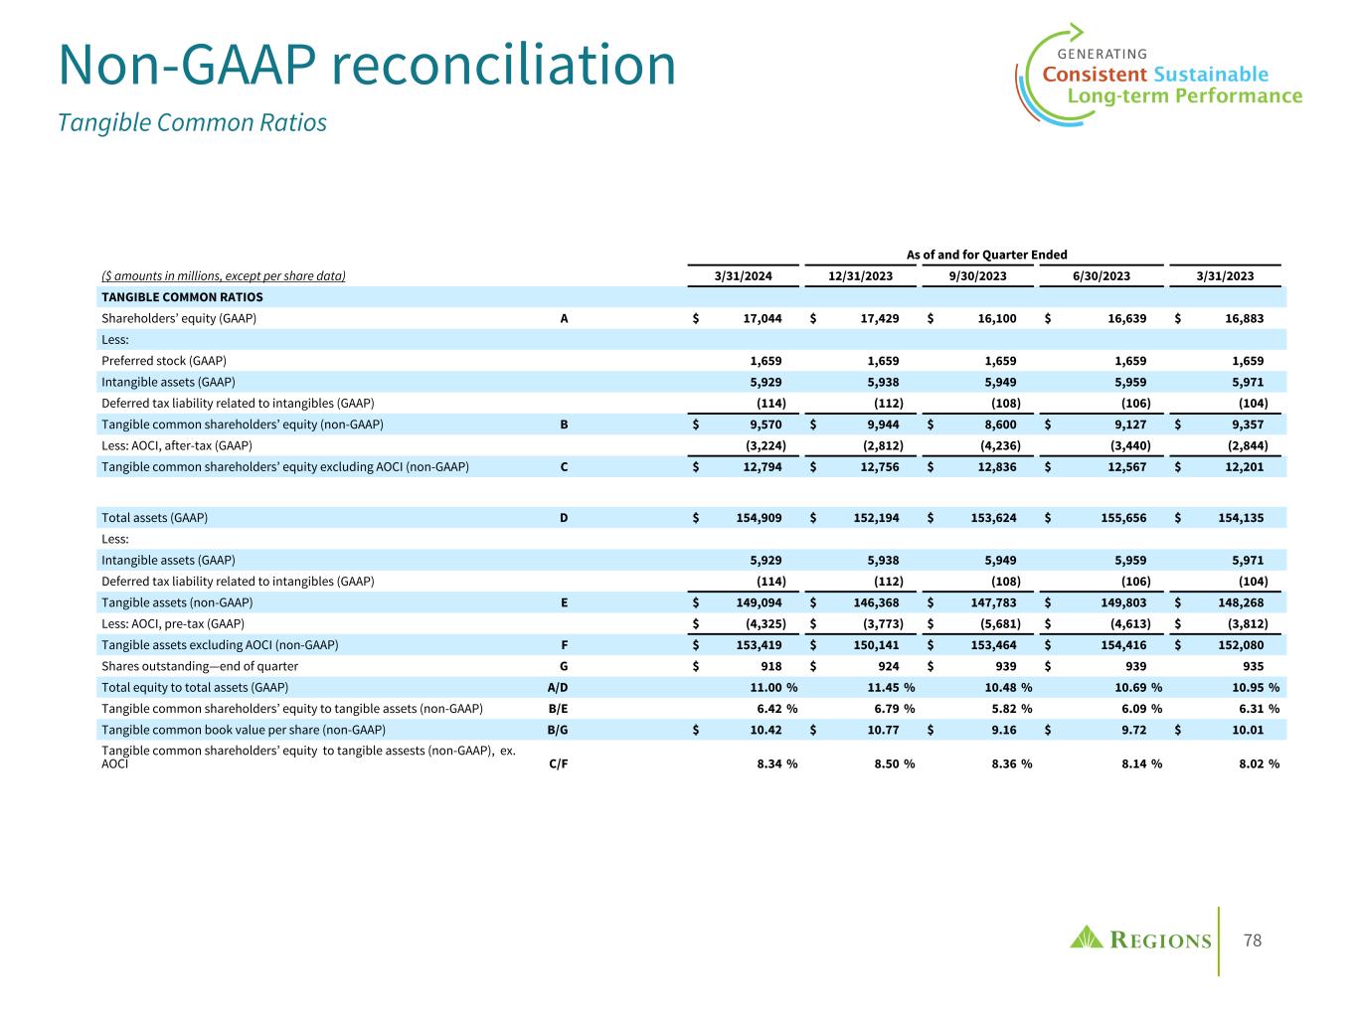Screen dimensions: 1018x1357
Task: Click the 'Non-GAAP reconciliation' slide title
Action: pyautogui.click(x=367, y=66)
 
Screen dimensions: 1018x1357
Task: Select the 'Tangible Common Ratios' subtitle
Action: pyautogui.click(x=192, y=122)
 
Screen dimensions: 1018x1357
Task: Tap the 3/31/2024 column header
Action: pyautogui.click(x=745, y=276)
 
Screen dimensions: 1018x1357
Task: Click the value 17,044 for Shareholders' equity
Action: pyautogui.click(x=762, y=318)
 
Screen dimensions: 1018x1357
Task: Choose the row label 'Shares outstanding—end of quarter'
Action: pyautogui.click(x=200, y=666)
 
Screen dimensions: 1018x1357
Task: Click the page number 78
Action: pyautogui.click(x=1253, y=940)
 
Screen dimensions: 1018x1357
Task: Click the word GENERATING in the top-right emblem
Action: pyautogui.click(x=1102, y=54)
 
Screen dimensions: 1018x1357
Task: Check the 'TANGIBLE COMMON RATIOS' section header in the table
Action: pyautogui.click(x=182, y=297)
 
